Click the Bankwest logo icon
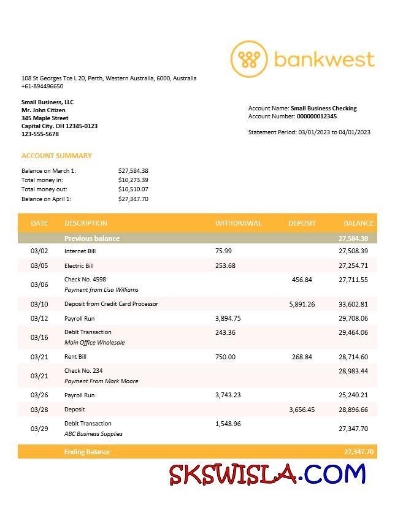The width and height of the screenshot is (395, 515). [249, 59]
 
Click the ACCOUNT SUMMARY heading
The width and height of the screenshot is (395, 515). [56, 156]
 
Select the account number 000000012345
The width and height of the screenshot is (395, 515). [316, 116]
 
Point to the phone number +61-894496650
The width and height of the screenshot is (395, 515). [42, 86]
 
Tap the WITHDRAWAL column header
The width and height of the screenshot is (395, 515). [238, 223]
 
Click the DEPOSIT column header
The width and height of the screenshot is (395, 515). [302, 223]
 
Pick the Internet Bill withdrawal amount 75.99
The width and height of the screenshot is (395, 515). [224, 251]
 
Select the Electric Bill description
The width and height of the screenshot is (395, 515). [79, 266]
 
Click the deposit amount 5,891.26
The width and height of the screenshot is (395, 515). [302, 304]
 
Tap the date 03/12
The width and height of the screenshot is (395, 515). [39, 318]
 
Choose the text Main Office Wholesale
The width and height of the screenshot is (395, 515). [94, 343]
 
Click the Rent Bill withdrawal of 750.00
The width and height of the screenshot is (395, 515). [225, 357]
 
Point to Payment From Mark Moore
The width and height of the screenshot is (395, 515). [101, 381]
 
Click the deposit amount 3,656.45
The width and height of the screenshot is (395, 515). [302, 410]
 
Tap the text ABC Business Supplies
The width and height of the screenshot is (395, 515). [93, 434]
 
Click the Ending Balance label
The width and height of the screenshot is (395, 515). [87, 452]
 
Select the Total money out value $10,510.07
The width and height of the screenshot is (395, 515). [133, 189]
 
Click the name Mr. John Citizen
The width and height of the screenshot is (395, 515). [44, 110]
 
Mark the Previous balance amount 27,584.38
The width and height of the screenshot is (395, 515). [353, 238]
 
